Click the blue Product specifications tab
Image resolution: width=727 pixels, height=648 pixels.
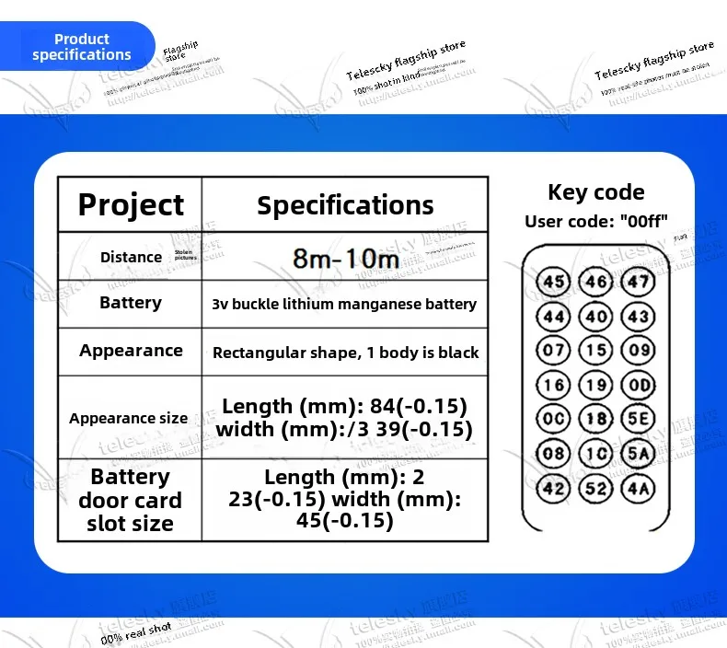81,47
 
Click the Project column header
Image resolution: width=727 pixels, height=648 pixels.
131,204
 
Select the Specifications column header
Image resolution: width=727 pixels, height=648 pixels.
345,204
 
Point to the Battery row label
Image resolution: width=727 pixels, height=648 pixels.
131,303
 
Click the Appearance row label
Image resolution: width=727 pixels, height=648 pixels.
131,351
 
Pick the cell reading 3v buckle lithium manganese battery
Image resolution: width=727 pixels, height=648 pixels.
345,304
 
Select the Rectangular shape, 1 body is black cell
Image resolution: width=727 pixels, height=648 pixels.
345,353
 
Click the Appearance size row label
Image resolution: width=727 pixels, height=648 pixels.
128,418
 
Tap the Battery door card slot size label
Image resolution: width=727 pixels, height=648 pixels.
130,501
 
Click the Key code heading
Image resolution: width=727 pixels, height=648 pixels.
595,192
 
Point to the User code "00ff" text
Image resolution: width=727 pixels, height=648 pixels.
595,221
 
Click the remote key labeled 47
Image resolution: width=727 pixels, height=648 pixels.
637,282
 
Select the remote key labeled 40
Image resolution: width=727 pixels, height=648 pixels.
596,317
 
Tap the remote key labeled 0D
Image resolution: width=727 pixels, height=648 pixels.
637,385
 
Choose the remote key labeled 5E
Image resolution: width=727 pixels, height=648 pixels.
637,419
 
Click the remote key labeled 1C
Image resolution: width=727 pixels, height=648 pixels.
596,453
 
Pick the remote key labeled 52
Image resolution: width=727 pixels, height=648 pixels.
596,488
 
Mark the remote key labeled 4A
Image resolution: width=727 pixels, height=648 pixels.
637,488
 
